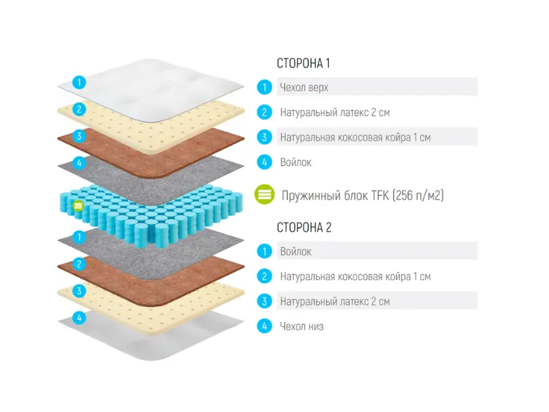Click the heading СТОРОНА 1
pyautogui.click(x=303, y=63)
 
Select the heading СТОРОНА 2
pyautogui.click(x=304, y=227)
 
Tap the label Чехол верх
pyautogui.click(x=304, y=87)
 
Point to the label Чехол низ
pyautogui.click(x=301, y=326)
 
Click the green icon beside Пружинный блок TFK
pyautogui.click(x=265, y=195)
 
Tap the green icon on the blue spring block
pyautogui.click(x=78, y=205)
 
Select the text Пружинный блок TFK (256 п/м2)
pyautogui.click(x=362, y=196)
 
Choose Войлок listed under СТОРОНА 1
pyautogui.click(x=296, y=163)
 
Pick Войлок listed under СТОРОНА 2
pyautogui.click(x=296, y=251)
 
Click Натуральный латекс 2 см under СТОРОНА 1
pyautogui.click(x=335, y=112)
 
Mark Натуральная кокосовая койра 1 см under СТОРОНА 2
pyautogui.click(x=355, y=277)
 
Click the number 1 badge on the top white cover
pyautogui.click(x=80, y=82)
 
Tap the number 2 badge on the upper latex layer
pyautogui.click(x=80, y=108)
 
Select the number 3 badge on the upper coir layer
pyautogui.click(x=80, y=136)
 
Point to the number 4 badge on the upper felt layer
pyautogui.click(x=80, y=163)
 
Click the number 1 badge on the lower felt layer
pyautogui.click(x=80, y=237)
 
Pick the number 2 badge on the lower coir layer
pyautogui.click(x=80, y=264)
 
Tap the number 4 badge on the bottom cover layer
pyautogui.click(x=80, y=317)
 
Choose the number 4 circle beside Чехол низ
pyautogui.click(x=264, y=326)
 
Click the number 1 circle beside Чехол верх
pyautogui.click(x=264, y=87)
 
